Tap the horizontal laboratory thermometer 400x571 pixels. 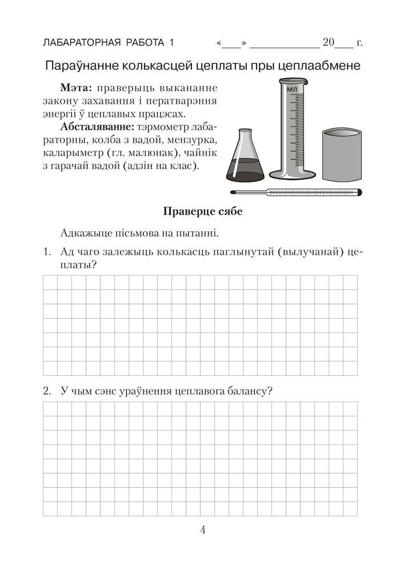(x=296, y=192)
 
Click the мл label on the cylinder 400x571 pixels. (x=292, y=90)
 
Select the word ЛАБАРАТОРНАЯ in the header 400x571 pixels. (x=79, y=43)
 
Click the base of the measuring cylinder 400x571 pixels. (x=292, y=174)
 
